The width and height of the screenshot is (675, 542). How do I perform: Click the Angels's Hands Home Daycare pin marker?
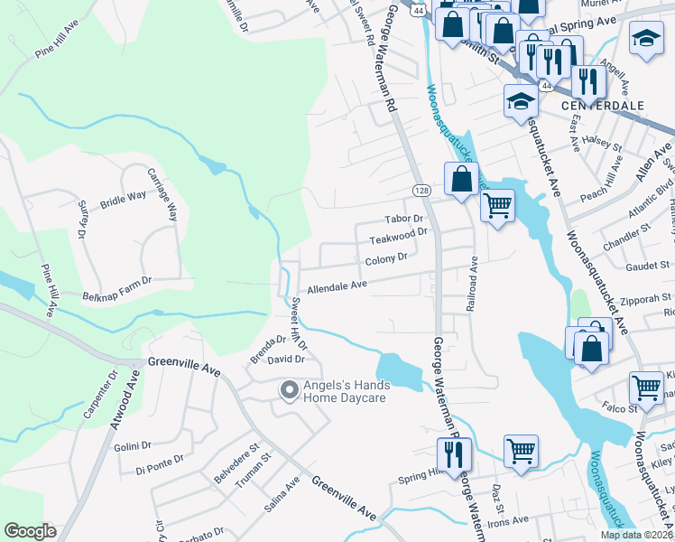(289, 390)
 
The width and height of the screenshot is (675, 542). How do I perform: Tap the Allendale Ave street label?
(337, 286)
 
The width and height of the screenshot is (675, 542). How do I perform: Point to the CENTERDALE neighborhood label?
(602, 106)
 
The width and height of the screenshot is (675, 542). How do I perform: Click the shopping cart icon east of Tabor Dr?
(497, 207)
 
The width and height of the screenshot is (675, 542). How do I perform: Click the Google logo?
(30, 531)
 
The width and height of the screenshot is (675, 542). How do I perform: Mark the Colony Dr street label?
(386, 261)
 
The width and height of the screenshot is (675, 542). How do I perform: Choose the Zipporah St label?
(646, 297)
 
